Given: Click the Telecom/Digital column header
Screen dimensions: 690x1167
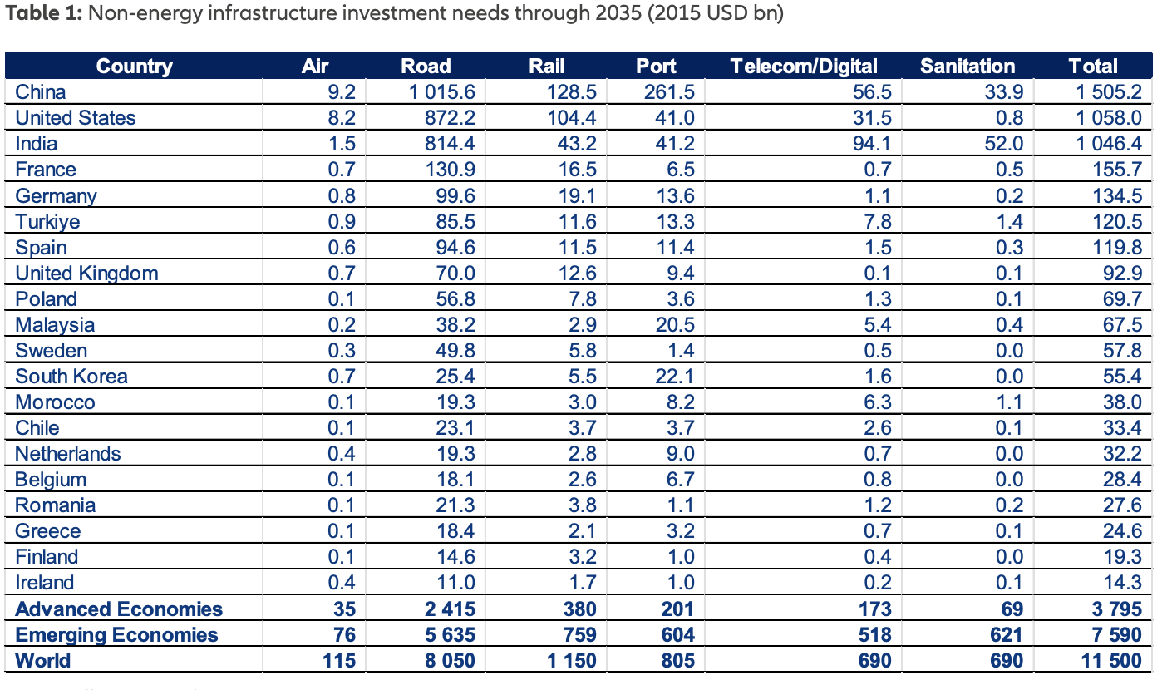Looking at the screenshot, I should (x=804, y=67).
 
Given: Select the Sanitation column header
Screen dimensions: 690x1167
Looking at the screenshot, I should (x=968, y=67).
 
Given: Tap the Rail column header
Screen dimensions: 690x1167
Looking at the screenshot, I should (x=547, y=67).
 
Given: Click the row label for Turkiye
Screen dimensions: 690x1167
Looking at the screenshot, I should (x=47, y=222).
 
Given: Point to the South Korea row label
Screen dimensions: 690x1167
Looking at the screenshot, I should (x=71, y=377).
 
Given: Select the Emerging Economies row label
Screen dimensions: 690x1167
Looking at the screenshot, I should (x=116, y=635).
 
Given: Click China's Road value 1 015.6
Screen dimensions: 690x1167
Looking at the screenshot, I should (x=441, y=92).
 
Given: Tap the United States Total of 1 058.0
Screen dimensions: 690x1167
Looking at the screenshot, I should (x=1109, y=118).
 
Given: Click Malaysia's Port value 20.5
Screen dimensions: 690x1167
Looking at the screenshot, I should (x=675, y=325).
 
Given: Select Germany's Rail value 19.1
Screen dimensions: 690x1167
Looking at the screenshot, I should (x=578, y=196).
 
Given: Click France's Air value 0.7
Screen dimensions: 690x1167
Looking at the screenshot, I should (x=342, y=170).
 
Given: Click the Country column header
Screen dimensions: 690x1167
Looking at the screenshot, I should (x=135, y=67).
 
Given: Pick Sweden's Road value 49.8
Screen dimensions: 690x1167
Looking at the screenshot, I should (x=456, y=351).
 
